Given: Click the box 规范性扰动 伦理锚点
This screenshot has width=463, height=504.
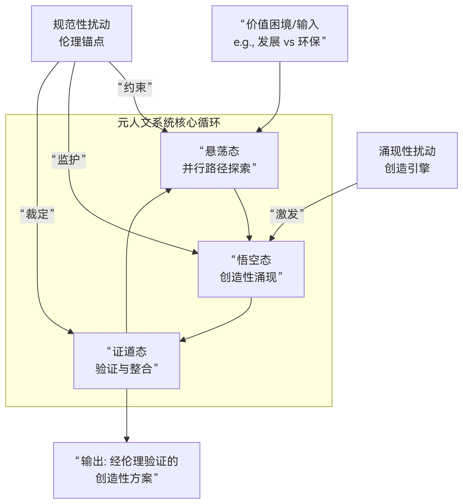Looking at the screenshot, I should (x=81, y=34).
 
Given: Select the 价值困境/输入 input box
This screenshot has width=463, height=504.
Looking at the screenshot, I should (x=280, y=34).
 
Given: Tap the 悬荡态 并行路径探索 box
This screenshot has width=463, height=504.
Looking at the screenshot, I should (x=219, y=160).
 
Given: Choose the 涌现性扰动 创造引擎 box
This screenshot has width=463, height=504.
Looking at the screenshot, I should (x=407, y=160).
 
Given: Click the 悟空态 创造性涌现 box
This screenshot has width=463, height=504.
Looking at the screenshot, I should (x=251, y=269).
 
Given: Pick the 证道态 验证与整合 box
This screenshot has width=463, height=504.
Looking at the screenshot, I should (x=126, y=361).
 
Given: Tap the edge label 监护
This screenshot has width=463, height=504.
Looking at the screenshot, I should (x=69, y=160).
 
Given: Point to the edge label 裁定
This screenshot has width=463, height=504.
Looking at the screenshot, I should (x=37, y=215).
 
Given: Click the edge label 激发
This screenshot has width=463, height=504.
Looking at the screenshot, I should (x=287, y=215).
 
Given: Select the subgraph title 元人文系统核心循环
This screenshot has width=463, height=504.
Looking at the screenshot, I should (x=169, y=123).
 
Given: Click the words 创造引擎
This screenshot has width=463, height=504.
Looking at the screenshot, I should (x=407, y=168).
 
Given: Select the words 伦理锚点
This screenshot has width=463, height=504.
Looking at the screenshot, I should (x=81, y=42).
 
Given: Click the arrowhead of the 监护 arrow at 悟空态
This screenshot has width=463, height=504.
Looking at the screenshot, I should (x=195, y=252).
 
